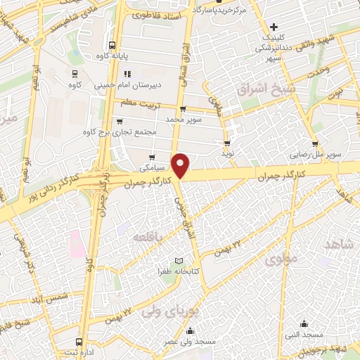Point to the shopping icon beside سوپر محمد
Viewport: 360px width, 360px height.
184,109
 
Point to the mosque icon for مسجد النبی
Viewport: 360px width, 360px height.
304,323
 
